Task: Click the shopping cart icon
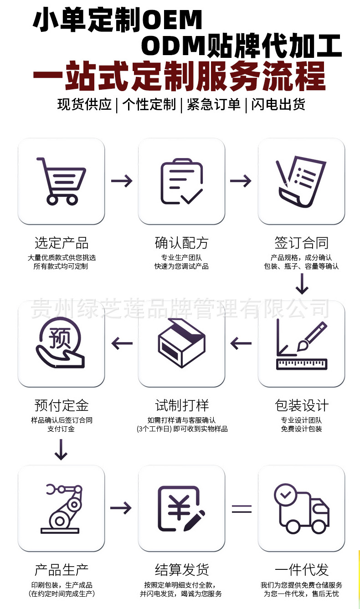click(x=61, y=181)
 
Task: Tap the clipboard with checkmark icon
click(x=181, y=181)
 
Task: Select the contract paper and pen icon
click(x=301, y=181)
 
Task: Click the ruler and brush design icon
click(x=301, y=345)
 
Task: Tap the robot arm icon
click(x=61, y=508)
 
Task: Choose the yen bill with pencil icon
click(x=181, y=508)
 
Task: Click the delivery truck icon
click(x=301, y=508)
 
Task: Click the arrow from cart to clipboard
click(x=121, y=181)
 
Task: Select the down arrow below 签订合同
click(x=302, y=286)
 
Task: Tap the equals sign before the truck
click(x=242, y=508)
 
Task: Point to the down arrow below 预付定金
click(x=61, y=450)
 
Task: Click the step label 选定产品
click(x=61, y=243)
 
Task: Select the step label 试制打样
click(x=181, y=405)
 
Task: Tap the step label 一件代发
click(x=301, y=570)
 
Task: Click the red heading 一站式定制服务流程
click(x=179, y=76)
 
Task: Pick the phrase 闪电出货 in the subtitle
click(x=278, y=105)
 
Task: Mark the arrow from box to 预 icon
click(x=121, y=343)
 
